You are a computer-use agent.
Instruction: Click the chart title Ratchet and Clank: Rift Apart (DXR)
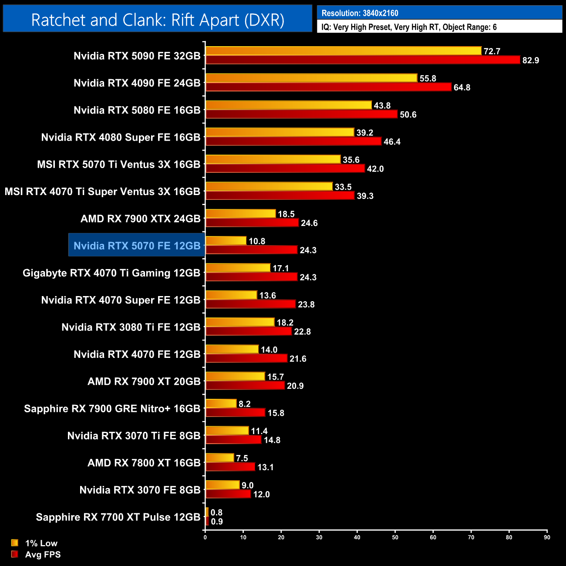[158, 20]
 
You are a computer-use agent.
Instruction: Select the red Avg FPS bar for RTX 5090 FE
[362, 60]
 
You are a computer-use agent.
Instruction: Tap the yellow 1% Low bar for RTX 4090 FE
[311, 78]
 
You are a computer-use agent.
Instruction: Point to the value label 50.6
[408, 115]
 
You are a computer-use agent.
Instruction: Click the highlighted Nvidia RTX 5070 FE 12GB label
[137, 246]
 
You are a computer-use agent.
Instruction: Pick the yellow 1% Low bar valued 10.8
[226, 241]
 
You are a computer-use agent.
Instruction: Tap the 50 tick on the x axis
[395, 537]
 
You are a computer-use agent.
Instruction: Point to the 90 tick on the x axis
[547, 537]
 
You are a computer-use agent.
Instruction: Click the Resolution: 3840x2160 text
[360, 13]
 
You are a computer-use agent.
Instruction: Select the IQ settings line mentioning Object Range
[409, 27]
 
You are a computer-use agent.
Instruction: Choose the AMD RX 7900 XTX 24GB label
[140, 219]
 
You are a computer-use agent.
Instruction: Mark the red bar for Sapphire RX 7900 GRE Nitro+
[235, 412]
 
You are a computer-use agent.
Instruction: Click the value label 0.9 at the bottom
[216, 522]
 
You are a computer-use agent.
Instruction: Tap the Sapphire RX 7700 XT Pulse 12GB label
[118, 517]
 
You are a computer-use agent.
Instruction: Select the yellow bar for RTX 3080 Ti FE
[239, 322]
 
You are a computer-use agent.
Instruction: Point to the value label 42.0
[375, 169]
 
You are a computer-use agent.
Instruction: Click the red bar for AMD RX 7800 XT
[230, 467]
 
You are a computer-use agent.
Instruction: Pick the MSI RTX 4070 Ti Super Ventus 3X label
[102, 192]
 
